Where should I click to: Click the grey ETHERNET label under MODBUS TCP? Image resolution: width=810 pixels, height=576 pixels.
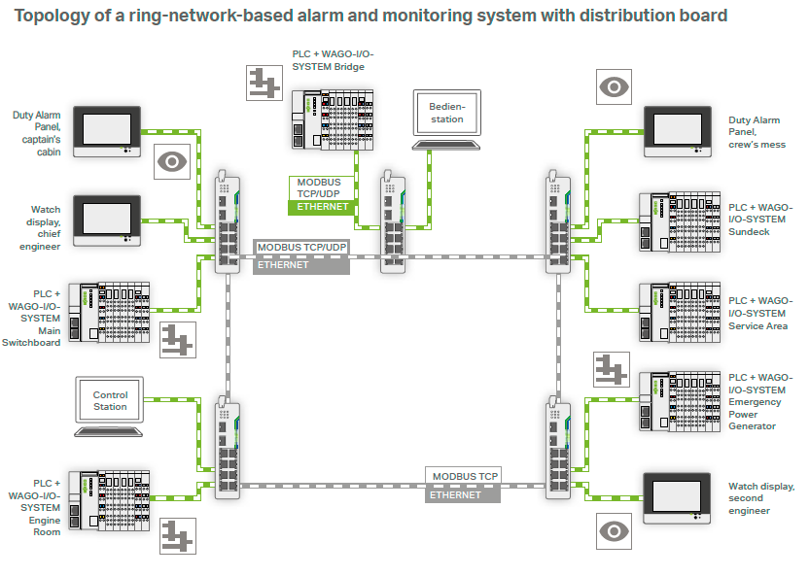[x=462, y=494]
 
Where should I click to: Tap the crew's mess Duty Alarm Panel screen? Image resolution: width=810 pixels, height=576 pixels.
[x=677, y=129]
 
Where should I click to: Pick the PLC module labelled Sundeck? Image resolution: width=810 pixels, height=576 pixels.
[x=677, y=221]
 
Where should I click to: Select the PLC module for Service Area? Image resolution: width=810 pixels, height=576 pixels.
[x=677, y=312]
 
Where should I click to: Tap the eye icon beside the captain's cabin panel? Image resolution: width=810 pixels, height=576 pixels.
[x=173, y=160]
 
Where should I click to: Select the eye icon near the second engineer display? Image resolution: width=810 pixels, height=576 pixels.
[x=613, y=531]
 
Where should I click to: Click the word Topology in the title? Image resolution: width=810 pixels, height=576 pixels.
[x=52, y=16]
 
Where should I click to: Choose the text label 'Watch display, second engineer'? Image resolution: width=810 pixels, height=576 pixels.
[x=761, y=498]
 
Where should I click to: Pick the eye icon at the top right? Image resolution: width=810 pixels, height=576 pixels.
[x=613, y=88]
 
